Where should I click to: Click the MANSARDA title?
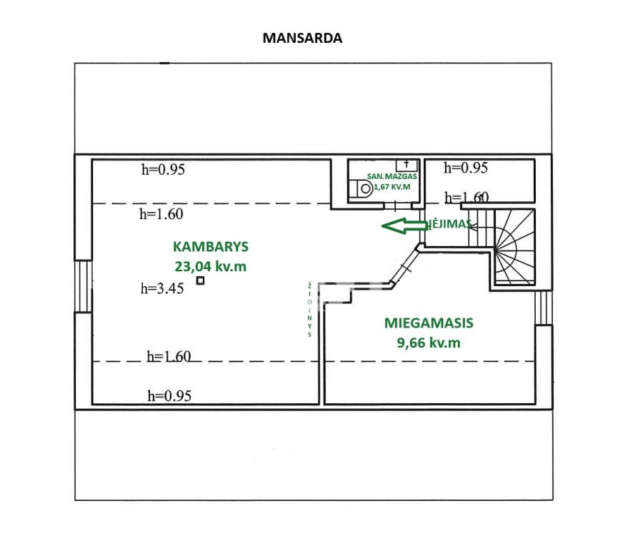[302, 38]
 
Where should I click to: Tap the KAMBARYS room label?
[211, 247]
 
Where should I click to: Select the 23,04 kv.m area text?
[210, 267]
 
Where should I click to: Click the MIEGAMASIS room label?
[429, 323]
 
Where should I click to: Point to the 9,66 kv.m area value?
[429, 343]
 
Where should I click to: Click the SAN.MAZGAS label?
[392, 176]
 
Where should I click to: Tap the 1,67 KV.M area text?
[392, 187]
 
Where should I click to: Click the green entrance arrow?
[404, 225]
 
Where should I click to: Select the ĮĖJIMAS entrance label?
[449, 223]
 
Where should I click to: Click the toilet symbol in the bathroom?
[361, 189]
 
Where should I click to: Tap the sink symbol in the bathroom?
[407, 165]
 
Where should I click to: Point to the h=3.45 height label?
[162, 288]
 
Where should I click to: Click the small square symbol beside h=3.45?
[200, 280]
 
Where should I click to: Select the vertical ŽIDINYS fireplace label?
[309, 310]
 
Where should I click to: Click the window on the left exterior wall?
[84, 286]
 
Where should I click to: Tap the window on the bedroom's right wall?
[544, 308]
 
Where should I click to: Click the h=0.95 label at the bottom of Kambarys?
[169, 396]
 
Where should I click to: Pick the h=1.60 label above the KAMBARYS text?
[161, 214]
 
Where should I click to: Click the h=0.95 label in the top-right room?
[466, 168]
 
